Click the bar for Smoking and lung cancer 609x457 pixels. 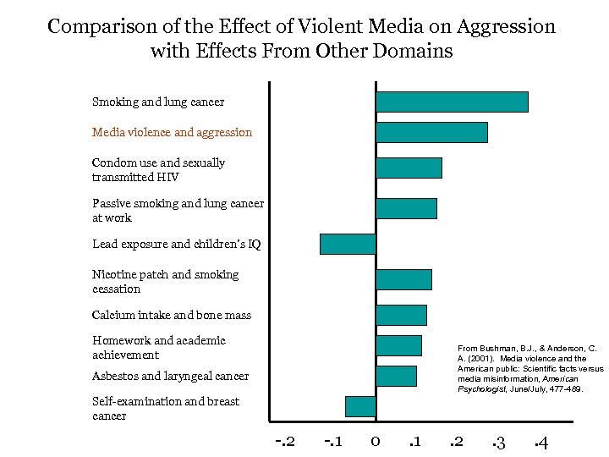tap(452, 102)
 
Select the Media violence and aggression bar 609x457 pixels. tap(431, 132)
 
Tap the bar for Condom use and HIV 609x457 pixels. tap(409, 168)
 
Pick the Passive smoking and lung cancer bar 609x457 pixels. tap(406, 208)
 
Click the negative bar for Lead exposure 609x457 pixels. tap(348, 244)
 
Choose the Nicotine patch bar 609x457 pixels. tap(403, 279)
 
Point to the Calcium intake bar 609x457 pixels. tap(401, 315)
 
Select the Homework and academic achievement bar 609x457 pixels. tap(398, 345)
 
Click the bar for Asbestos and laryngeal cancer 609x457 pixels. tap(396, 376)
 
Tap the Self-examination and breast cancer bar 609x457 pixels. tap(360, 406)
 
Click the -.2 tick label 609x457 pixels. tap(285, 442)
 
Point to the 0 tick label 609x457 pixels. tap(375, 442)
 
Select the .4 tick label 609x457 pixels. tap(541, 442)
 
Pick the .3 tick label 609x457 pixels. tap(498, 442)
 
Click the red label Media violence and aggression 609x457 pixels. tap(172, 132)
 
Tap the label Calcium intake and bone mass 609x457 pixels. tap(172, 315)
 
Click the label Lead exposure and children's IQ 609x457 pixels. tap(176, 244)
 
